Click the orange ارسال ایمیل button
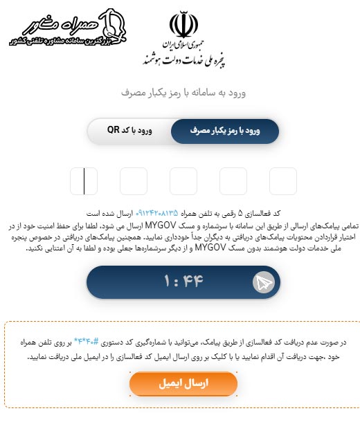[x=183, y=384]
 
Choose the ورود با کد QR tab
[x=130, y=130]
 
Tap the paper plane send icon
[x=264, y=282]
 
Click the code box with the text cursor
[x=84, y=181]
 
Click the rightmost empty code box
[x=282, y=181]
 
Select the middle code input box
[x=183, y=181]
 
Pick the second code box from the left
[x=134, y=181]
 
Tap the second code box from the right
[x=233, y=181]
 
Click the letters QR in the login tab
[x=114, y=130]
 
